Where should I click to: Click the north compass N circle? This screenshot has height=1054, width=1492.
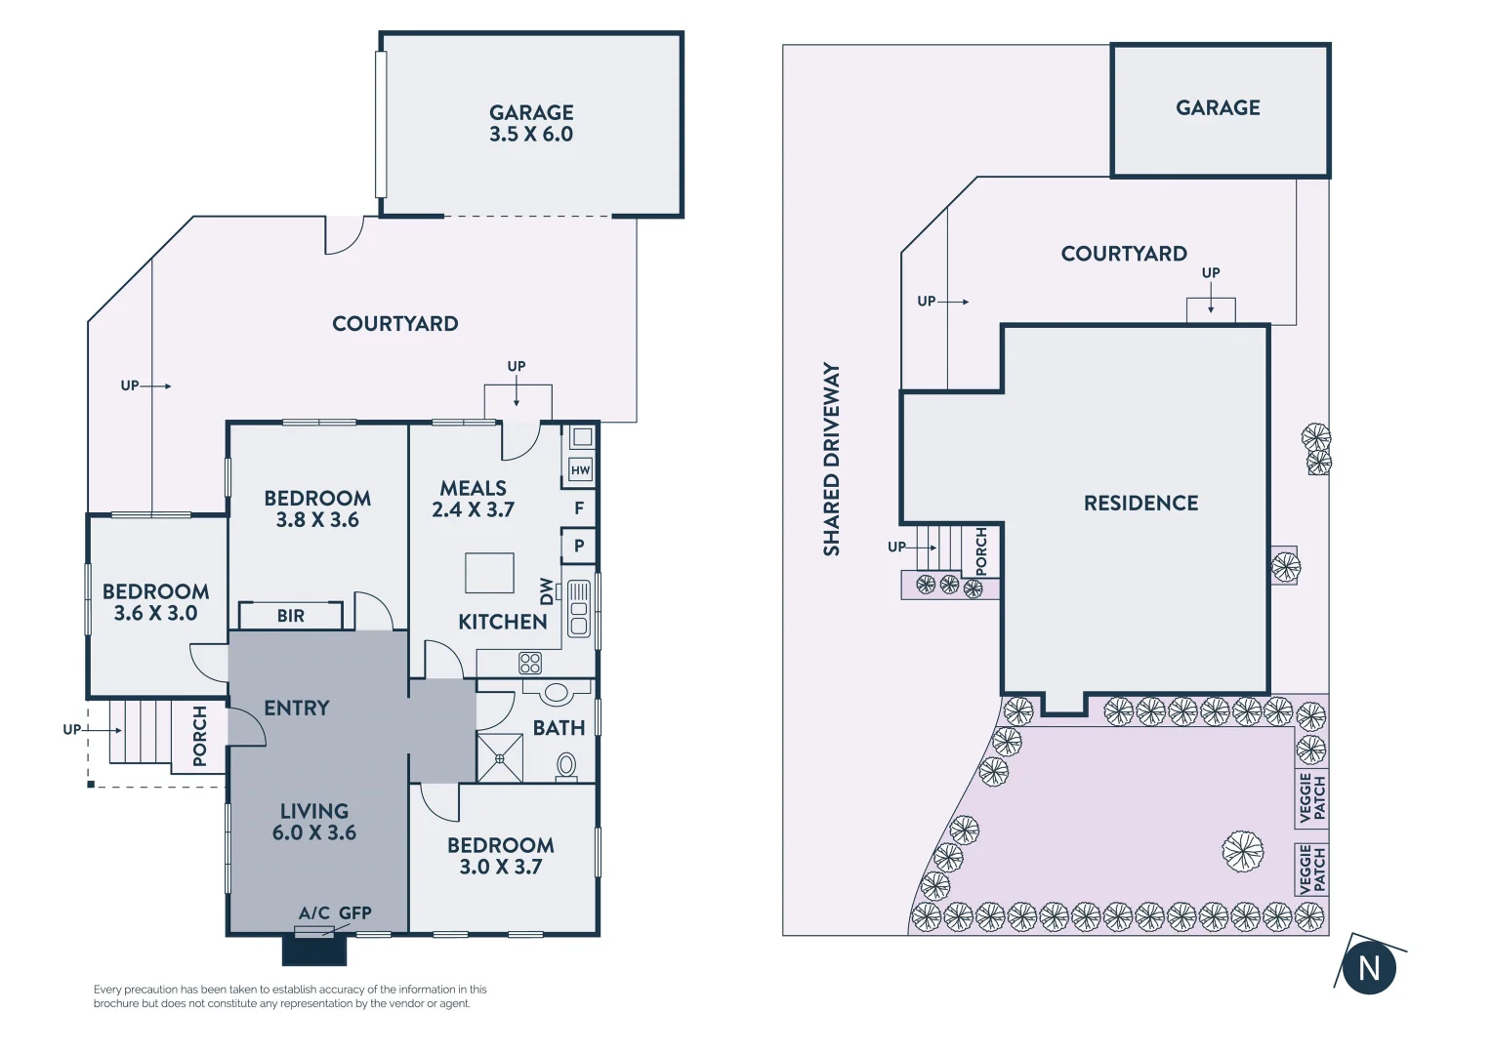tap(1369, 968)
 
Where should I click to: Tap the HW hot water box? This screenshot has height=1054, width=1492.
tap(580, 470)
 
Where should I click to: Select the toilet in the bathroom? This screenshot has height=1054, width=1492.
tap(565, 767)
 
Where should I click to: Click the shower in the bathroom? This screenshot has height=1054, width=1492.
tap(499, 758)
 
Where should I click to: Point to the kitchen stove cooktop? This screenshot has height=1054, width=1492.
tap(530, 664)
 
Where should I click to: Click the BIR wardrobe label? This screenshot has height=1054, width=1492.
tap(290, 616)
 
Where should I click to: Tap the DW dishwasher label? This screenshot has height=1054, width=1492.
tap(546, 590)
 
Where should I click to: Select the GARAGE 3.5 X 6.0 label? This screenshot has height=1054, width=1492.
tap(531, 124)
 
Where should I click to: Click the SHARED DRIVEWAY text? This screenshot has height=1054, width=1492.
tap(831, 459)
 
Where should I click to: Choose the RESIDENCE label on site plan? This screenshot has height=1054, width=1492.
tap(1140, 503)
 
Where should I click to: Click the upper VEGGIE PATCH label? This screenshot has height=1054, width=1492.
tap(1312, 797)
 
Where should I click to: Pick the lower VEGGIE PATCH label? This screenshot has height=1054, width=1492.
tap(1312, 870)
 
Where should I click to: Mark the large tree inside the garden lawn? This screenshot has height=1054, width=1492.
tap(1243, 851)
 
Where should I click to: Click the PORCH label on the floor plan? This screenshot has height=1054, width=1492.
tap(200, 736)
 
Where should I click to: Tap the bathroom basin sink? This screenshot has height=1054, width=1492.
tap(557, 693)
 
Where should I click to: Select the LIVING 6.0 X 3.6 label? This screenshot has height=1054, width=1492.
tap(313, 822)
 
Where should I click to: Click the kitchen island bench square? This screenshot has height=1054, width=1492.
tap(489, 573)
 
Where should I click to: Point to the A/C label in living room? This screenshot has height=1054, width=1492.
tap(313, 912)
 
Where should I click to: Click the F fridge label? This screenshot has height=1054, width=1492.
tap(579, 508)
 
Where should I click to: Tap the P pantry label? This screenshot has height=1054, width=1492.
tap(579, 546)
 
